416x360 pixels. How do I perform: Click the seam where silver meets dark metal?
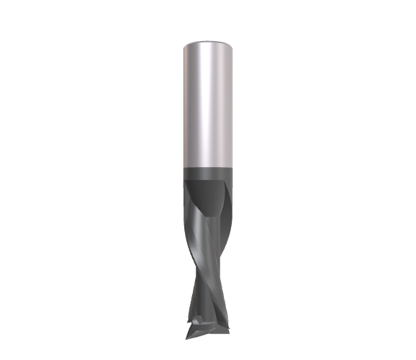click(207, 168)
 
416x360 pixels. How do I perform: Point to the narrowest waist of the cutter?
click(208, 277)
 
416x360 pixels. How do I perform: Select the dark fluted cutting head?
click(207, 245)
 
